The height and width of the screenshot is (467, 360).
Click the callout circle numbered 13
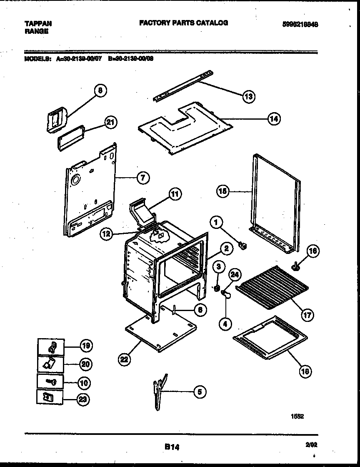tap(249, 96)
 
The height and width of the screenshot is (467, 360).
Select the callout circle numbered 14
tap(274, 118)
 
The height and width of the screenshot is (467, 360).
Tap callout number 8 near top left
tap(100, 90)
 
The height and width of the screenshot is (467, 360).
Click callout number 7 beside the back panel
tap(142, 178)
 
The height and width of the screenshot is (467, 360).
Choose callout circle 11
tap(175, 193)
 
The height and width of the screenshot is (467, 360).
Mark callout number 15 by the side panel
tap(223, 191)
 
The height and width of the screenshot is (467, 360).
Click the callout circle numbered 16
tap(313, 251)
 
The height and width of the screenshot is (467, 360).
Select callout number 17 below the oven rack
tap(307, 316)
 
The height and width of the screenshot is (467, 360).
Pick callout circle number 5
tap(200, 392)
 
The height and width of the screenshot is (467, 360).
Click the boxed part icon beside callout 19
tap(50, 346)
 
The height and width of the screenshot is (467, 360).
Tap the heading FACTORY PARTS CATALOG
tap(183, 23)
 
